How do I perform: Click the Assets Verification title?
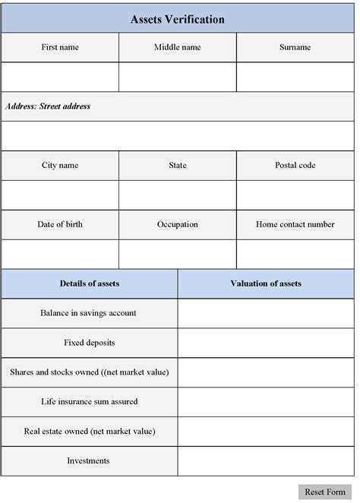(x=178, y=20)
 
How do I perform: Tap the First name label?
(x=60, y=47)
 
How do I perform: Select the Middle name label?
(x=178, y=47)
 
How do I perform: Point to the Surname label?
(x=295, y=47)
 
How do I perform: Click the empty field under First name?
(x=60, y=77)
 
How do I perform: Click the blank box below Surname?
(x=295, y=77)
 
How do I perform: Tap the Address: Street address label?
(x=48, y=106)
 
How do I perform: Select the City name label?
(x=60, y=166)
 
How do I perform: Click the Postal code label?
(x=295, y=166)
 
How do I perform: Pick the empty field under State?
(x=178, y=195)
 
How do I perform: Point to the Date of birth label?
(x=60, y=225)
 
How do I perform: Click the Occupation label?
(x=178, y=225)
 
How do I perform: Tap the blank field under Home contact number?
(x=295, y=255)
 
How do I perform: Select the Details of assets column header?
(x=90, y=284)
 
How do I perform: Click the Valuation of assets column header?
(x=266, y=284)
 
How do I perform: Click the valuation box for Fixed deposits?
(x=266, y=343)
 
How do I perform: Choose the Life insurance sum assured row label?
(x=90, y=401)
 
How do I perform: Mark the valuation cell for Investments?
(x=266, y=460)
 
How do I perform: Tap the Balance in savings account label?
(x=90, y=313)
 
